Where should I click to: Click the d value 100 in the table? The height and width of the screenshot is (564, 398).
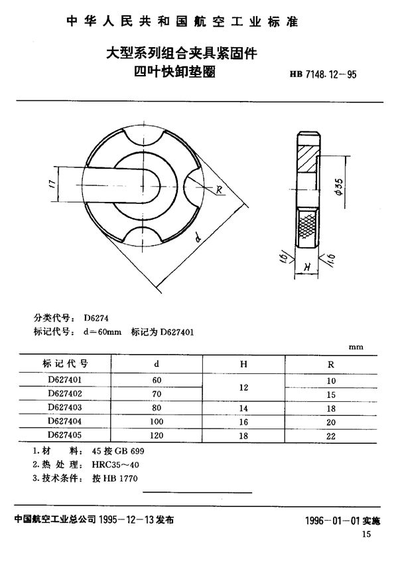(x=157, y=422)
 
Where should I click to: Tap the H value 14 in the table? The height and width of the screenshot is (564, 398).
(x=243, y=408)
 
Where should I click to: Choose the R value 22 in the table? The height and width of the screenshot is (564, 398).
(x=332, y=436)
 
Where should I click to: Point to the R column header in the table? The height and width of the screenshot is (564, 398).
(x=332, y=364)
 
